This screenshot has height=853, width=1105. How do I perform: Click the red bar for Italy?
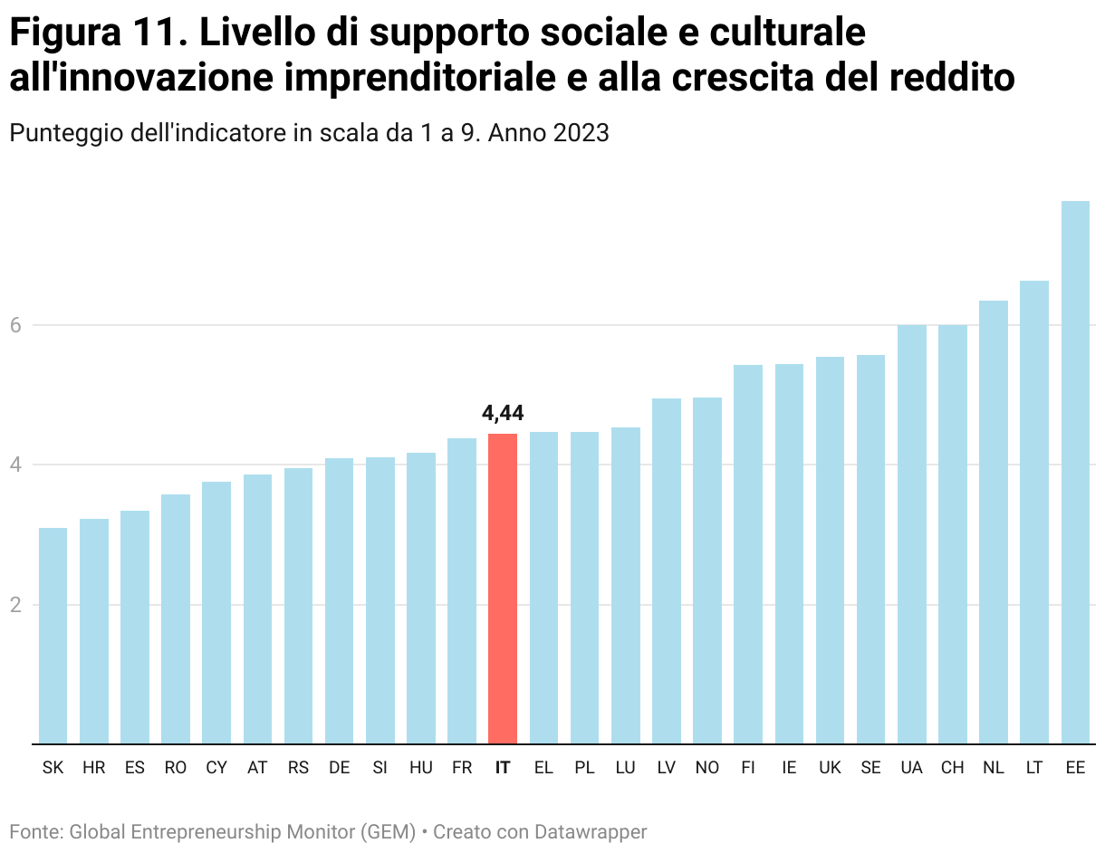pos(503,589)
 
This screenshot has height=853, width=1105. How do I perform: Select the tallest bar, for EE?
pos(1075,471)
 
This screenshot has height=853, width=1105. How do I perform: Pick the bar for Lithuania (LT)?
pos(1034,512)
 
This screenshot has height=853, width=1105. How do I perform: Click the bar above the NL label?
pos(994,522)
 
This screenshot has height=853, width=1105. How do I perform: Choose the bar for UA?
pos(911,534)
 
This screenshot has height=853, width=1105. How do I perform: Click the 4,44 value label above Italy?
pos(503,414)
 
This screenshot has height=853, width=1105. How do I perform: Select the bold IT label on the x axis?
pos(503,768)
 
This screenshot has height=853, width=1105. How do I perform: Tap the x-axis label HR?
pos(94,768)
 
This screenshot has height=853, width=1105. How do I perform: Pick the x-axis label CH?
pos(952,768)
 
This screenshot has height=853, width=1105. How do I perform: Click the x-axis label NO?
pos(707,768)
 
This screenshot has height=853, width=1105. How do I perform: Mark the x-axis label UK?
pos(830,768)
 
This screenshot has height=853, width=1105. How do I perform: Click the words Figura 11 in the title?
pos(91,34)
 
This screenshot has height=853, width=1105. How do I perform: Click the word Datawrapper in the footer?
pos(590,831)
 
